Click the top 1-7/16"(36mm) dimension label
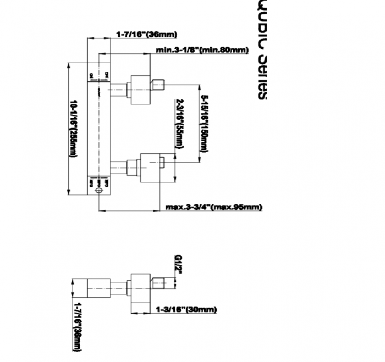(x=146, y=34)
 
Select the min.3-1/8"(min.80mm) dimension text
(x=202, y=51)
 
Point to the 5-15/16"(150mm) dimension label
(x=205, y=124)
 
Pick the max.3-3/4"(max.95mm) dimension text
(x=213, y=207)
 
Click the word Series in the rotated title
(x=262, y=76)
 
